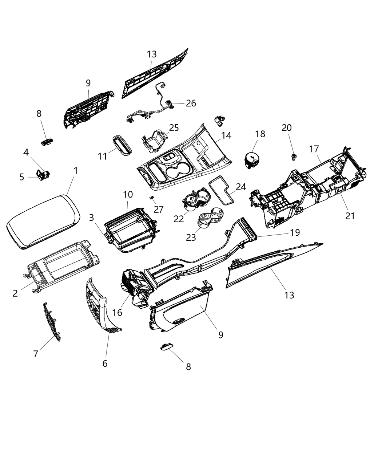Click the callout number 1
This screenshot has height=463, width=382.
75,170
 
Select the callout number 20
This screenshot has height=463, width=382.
287,128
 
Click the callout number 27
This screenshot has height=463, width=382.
159,209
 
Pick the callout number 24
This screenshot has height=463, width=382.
241,187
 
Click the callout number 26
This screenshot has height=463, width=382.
191,103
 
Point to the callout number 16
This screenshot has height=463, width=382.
117,313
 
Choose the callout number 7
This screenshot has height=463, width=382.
36,353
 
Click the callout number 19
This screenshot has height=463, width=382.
295,232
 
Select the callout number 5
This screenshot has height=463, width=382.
22,177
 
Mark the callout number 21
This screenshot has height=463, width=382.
350,216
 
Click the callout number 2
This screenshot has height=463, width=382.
15,293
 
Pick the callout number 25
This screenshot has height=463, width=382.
174,128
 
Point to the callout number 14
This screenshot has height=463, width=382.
226,135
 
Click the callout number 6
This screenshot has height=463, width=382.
105,363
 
